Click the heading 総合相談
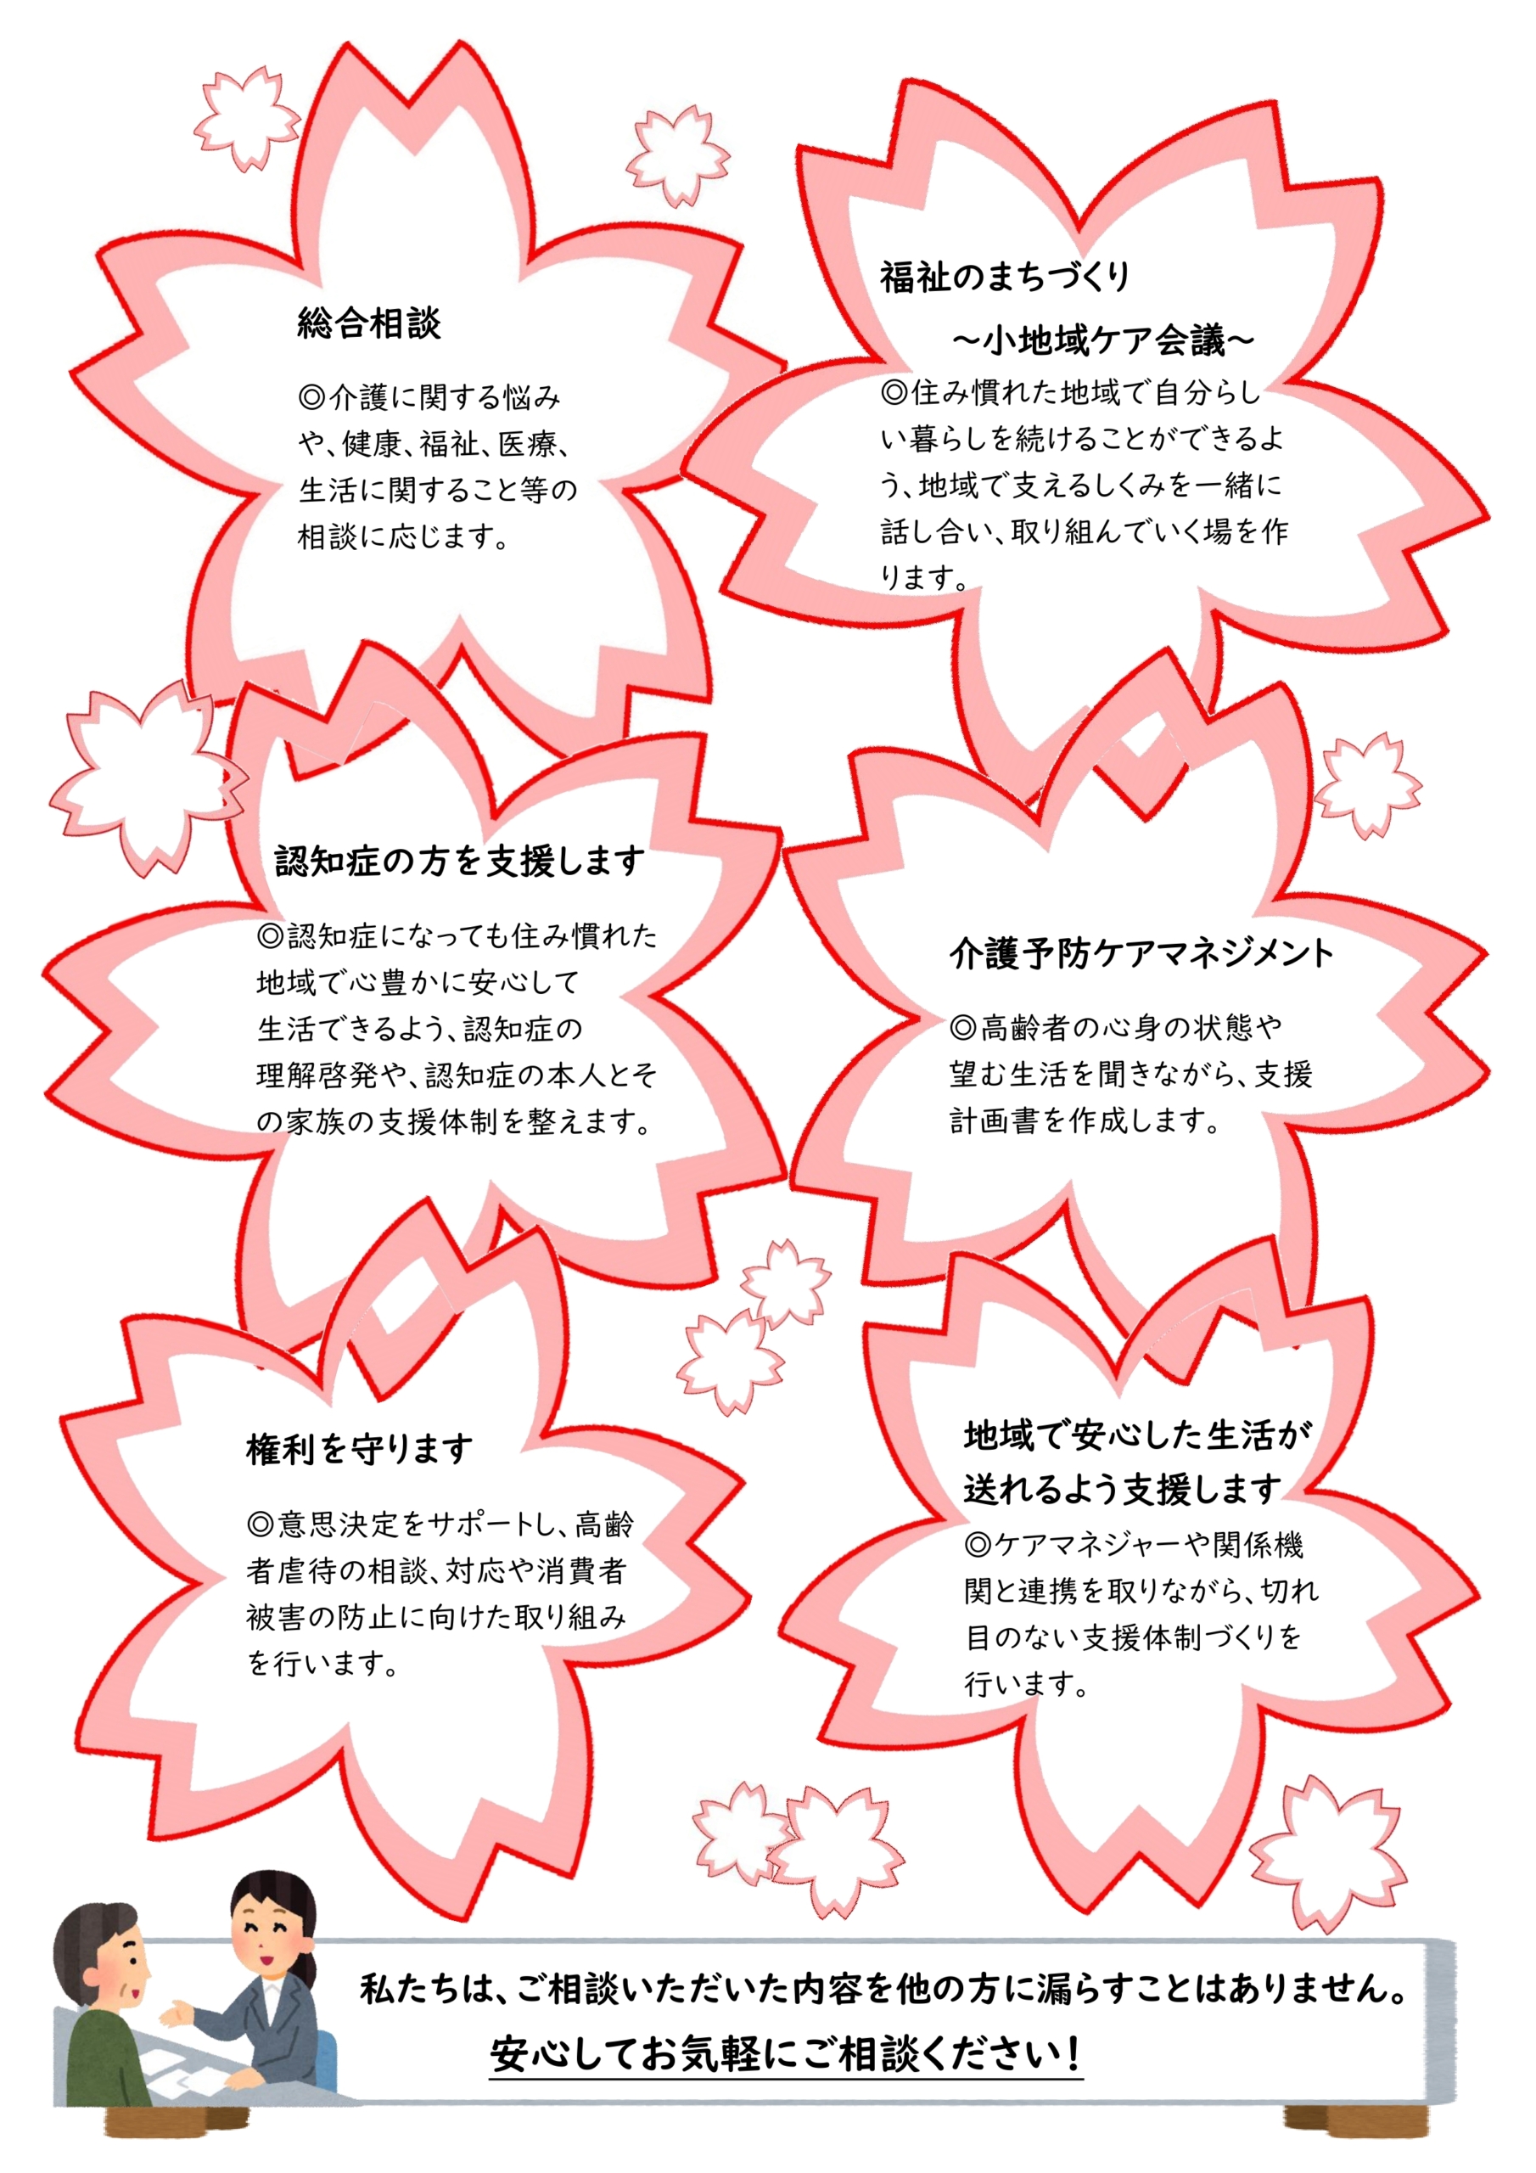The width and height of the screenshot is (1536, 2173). pyautogui.click(x=369, y=323)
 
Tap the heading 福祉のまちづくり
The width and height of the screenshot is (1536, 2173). pyautogui.click(x=1005, y=277)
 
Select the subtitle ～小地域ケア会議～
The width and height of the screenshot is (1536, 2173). pyautogui.click(x=1102, y=340)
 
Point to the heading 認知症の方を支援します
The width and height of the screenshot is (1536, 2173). pyautogui.click(x=460, y=862)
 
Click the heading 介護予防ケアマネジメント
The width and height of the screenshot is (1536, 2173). pyautogui.click(x=1141, y=953)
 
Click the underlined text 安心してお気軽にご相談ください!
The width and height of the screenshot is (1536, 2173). pyautogui.click(x=786, y=2055)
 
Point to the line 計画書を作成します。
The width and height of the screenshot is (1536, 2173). pyautogui.click(x=1085, y=1120)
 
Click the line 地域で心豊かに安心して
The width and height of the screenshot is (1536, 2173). pyautogui.click(x=418, y=982)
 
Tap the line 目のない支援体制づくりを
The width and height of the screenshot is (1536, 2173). pyautogui.click(x=1134, y=1637)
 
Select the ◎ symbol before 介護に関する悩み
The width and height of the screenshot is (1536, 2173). pyautogui.click(x=311, y=397)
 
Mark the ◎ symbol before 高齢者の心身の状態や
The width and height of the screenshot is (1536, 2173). pyautogui.click(x=963, y=1027)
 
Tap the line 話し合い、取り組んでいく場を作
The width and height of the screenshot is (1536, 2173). pyautogui.click(x=1085, y=531)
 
